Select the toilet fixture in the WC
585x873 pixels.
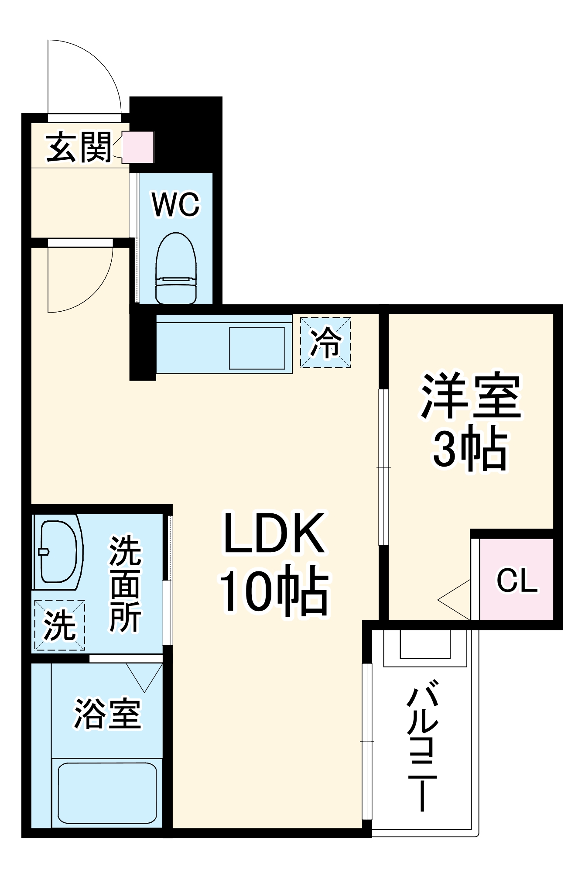(176, 269)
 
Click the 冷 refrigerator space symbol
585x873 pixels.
(325, 342)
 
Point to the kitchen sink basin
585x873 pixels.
(257, 347)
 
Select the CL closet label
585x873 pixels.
(517, 581)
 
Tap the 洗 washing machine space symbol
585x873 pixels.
(59, 625)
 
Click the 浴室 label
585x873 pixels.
(107, 714)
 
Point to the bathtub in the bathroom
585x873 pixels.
(107, 793)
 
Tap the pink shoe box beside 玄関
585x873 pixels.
(138, 147)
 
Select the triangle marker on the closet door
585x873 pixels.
(456, 600)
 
